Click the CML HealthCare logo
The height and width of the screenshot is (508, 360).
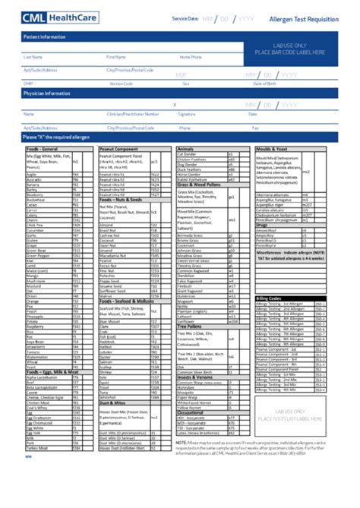pos(57,17)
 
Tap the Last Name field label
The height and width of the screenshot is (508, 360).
pos(33,56)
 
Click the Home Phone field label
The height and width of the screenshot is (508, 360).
pos(191,56)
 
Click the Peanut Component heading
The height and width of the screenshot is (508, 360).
pos(118,149)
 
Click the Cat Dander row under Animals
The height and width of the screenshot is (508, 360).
pos(187,154)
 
